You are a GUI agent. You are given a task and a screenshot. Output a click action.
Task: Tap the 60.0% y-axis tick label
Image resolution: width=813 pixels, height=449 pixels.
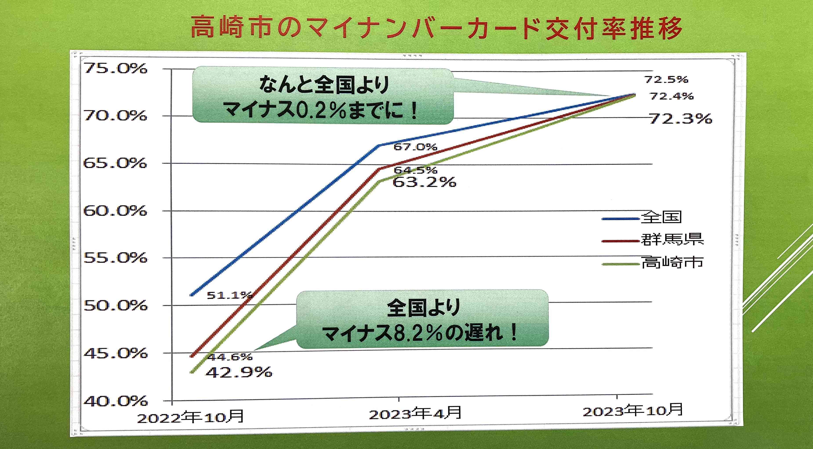pos(115,211)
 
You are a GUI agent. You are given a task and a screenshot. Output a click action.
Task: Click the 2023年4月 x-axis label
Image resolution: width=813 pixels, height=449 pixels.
pos(415,413)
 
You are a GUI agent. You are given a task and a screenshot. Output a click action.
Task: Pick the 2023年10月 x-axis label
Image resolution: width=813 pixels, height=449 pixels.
pos(633,411)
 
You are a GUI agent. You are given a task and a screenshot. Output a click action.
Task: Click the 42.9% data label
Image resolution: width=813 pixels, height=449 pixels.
pos(239,372)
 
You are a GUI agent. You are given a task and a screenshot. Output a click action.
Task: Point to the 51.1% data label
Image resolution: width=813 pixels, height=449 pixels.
pos(229,295)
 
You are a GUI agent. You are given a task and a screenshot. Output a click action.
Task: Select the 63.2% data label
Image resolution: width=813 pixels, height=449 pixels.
pos(425,182)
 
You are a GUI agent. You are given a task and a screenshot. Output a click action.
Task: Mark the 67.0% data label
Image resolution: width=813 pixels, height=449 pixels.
pos(415,147)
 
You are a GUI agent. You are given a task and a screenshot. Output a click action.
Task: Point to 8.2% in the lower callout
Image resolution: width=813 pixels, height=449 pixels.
pos(418,333)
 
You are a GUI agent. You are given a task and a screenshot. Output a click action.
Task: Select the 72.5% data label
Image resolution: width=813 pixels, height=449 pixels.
pos(666,80)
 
